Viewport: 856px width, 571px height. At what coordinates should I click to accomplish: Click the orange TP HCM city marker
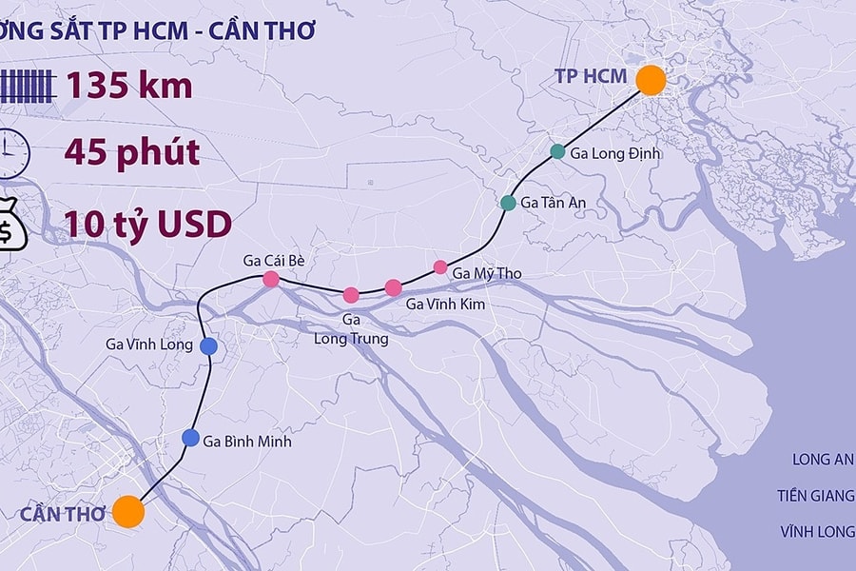pos(651,80)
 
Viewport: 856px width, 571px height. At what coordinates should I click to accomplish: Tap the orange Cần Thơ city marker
pos(127,511)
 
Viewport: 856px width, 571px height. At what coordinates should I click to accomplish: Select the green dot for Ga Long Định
pos(557,151)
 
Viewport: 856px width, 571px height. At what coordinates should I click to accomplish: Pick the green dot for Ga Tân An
pos(508,203)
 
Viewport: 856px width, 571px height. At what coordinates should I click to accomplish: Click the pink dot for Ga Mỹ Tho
pos(440,266)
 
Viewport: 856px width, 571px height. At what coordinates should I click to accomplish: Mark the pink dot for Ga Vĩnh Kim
pos(393,287)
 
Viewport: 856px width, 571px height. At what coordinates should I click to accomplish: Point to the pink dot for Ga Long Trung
pos(351,294)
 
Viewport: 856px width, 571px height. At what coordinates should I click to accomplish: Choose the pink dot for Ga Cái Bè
pos(270,279)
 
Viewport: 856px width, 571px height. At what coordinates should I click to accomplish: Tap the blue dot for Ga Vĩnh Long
pos(208,345)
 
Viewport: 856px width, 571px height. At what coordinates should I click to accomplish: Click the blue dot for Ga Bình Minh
pos(189,438)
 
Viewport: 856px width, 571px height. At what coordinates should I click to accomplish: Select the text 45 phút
pos(132,152)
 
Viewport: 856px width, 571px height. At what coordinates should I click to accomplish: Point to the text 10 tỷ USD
pos(147,225)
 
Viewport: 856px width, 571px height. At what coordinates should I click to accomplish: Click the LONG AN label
pos(823,460)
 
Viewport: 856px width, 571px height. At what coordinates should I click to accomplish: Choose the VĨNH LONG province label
pos(816,531)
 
